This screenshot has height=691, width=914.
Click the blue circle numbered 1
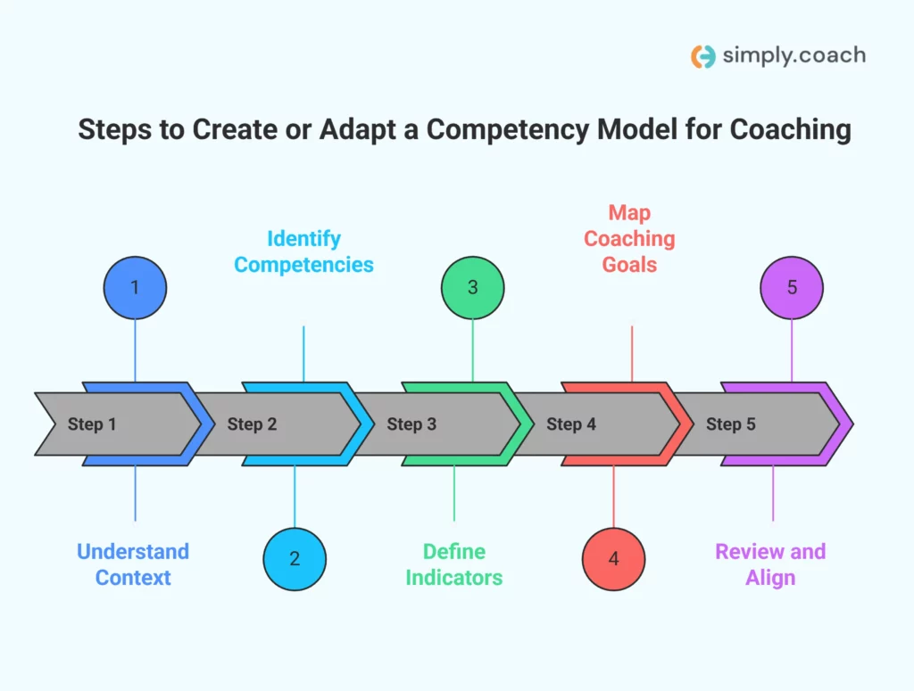tap(135, 288)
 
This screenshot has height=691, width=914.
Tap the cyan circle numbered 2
tap(295, 559)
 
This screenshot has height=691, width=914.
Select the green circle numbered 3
tap(473, 288)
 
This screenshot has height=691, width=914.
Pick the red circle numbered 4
tap(613, 559)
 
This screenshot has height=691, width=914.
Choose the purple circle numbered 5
tap(792, 288)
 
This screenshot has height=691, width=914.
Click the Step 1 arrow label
tap(92, 424)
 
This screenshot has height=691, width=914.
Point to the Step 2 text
tap(252, 424)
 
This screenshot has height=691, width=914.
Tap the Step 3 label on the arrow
tap(411, 424)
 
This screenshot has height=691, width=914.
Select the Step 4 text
tap(571, 424)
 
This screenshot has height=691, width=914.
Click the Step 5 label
tap(731, 424)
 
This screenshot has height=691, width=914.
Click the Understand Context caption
tap(133, 564)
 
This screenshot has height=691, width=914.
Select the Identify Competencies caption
tap(303, 251)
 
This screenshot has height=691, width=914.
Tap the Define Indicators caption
tap(453, 564)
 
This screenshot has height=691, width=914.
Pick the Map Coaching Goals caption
tap(629, 238)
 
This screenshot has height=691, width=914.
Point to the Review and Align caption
tap(770, 564)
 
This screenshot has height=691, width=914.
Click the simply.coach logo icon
tap(703, 56)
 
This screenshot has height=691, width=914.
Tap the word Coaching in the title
tap(790, 130)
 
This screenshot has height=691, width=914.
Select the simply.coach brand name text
tap(794, 55)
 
